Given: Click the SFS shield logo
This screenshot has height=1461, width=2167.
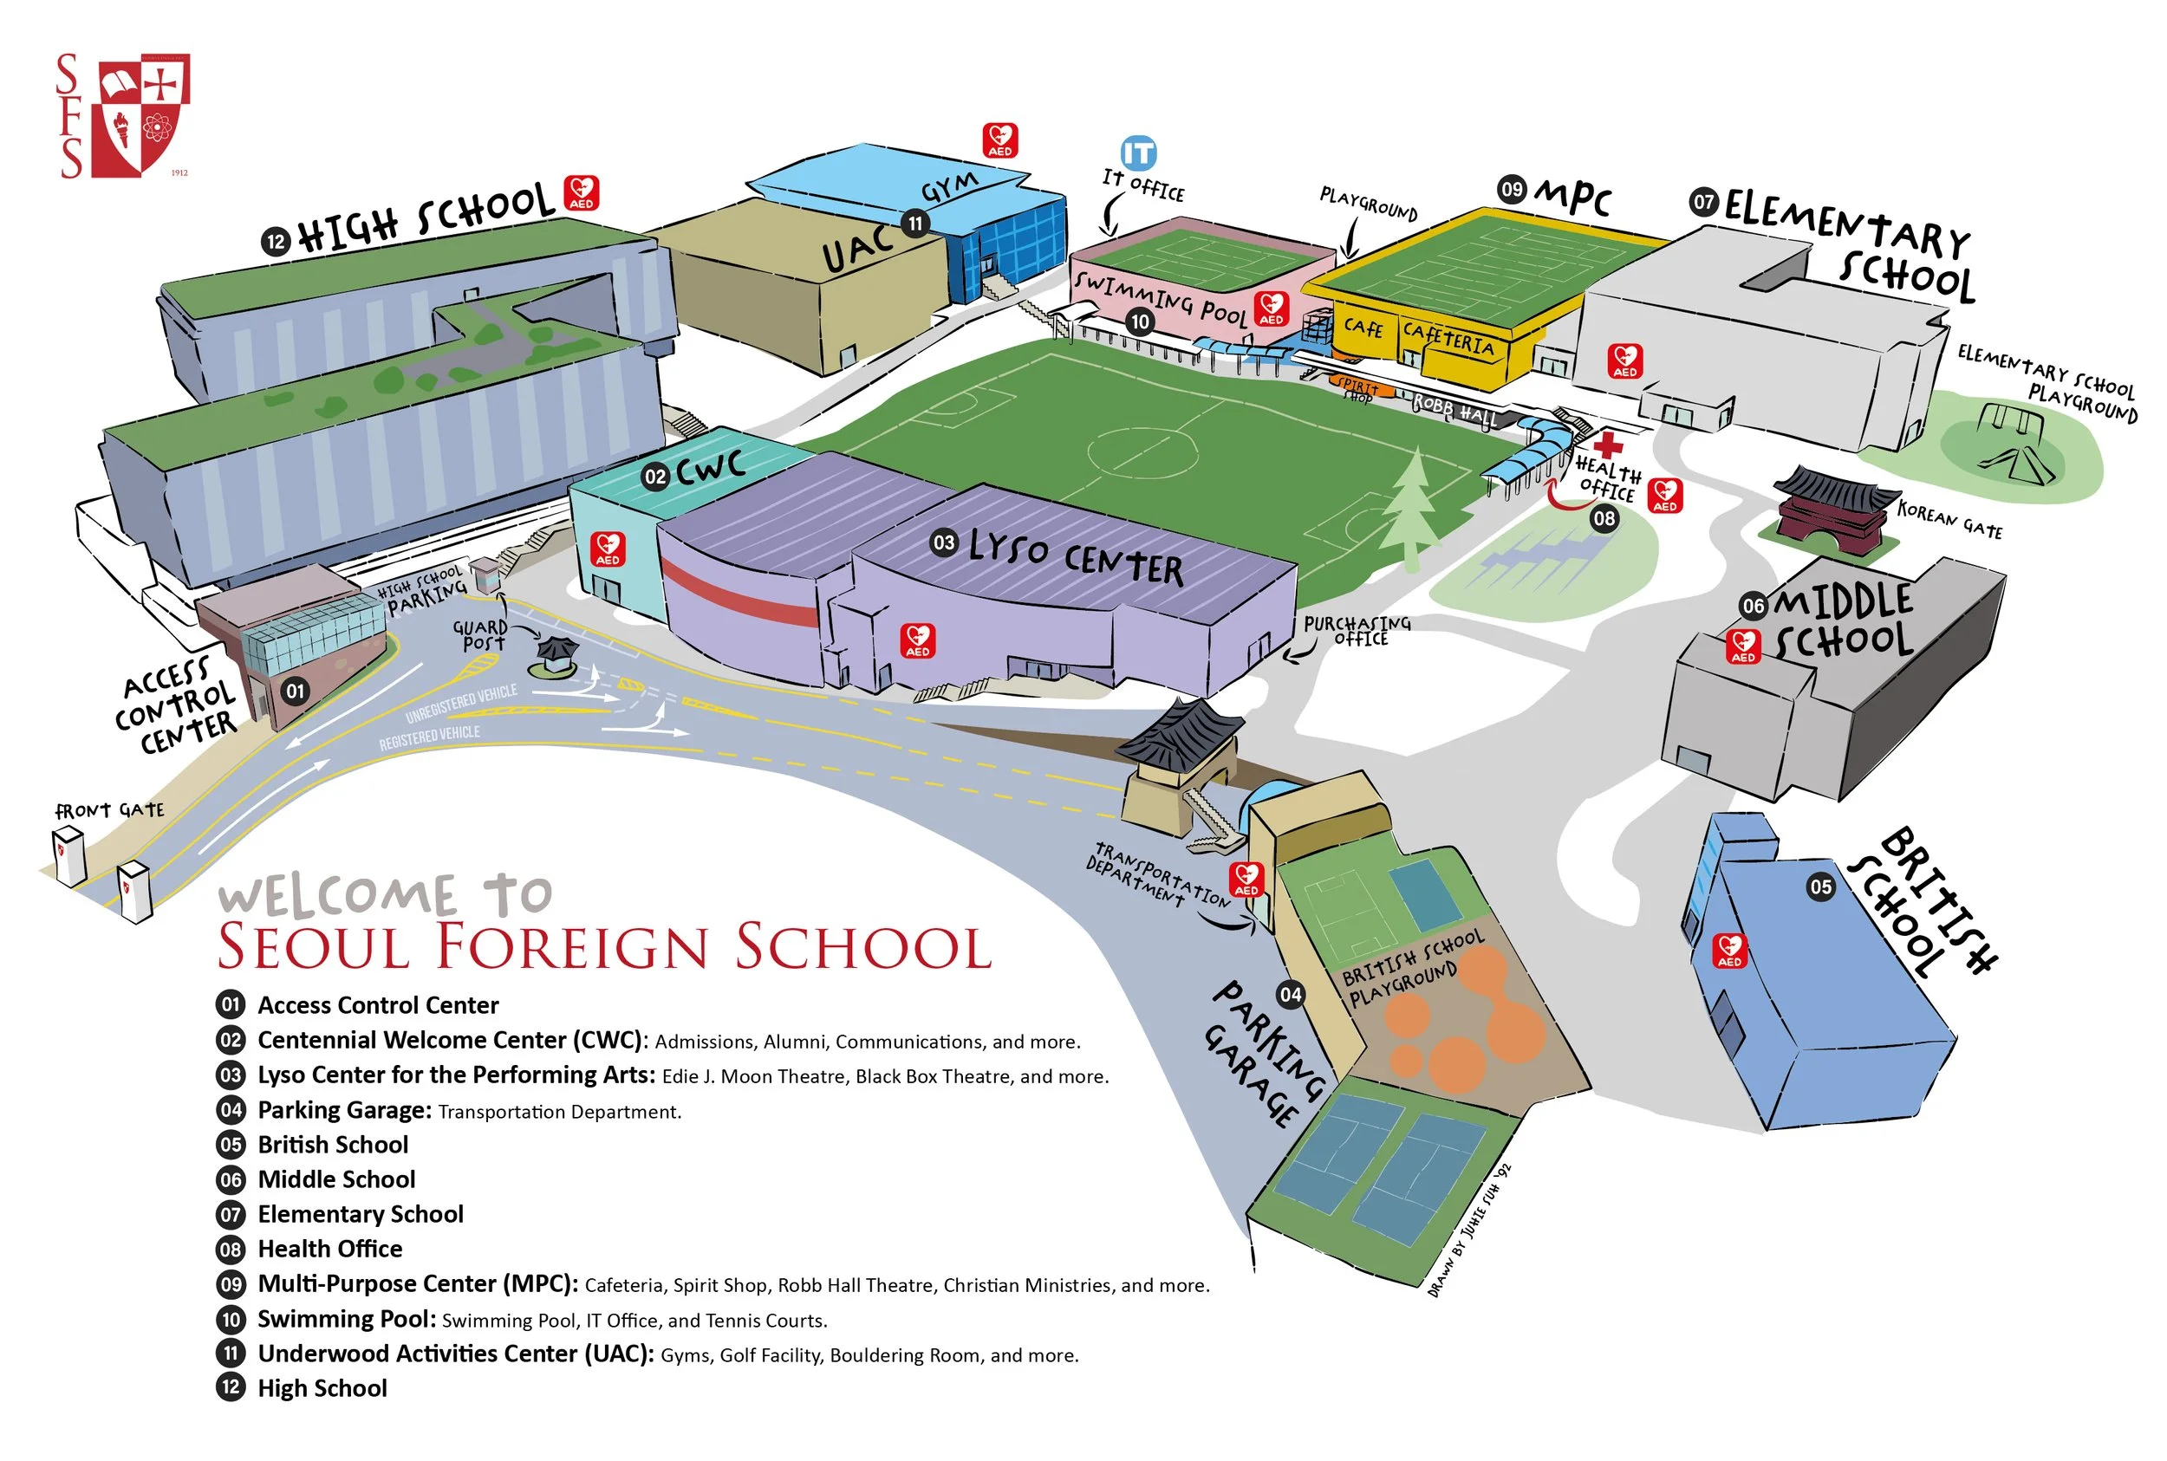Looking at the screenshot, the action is [x=144, y=114].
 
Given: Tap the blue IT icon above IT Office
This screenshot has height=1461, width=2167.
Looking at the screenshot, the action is [x=1137, y=153].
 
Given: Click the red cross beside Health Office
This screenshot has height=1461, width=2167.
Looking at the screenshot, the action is [x=1607, y=445].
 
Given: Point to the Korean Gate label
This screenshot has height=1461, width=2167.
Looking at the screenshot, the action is [x=1949, y=520].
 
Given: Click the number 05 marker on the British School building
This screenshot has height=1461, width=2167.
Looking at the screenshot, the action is [x=1819, y=886].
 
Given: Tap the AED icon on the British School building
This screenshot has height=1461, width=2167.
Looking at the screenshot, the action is [x=1729, y=951].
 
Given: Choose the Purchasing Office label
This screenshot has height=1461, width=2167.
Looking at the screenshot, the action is [x=1357, y=631].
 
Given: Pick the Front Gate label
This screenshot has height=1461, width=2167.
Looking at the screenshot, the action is [x=110, y=810].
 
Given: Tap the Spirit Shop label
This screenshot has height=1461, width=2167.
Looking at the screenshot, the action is [x=1357, y=389].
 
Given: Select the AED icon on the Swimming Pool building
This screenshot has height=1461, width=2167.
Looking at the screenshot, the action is [x=1271, y=308].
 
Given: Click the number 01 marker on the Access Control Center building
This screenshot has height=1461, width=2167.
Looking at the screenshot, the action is [x=296, y=691].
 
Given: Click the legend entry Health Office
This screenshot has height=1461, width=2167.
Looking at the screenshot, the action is [x=330, y=1249].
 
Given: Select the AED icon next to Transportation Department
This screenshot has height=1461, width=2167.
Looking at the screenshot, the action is [x=1246, y=879].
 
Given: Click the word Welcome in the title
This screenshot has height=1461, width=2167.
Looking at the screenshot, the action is [x=337, y=896].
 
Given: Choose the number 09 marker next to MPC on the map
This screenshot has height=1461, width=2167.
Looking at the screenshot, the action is [x=1511, y=189].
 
